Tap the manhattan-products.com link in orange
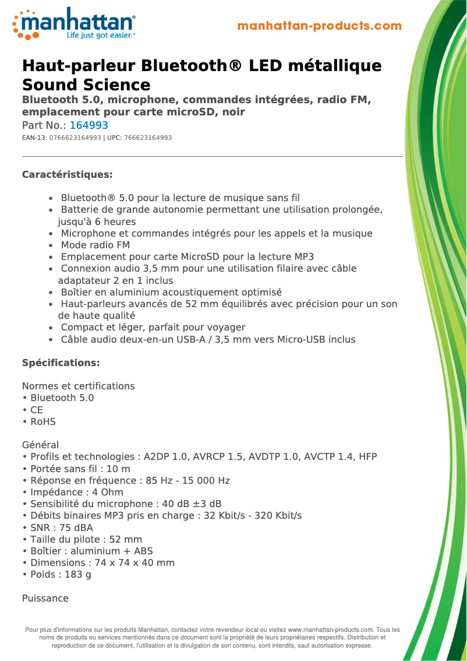(x=320, y=26)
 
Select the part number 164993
(x=89, y=125)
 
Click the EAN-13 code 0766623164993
(x=75, y=138)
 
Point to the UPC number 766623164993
(x=148, y=138)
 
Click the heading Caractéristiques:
(x=67, y=175)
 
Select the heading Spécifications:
(x=61, y=363)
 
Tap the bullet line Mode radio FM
(x=95, y=245)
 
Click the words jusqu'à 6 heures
(x=97, y=222)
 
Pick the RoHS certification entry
(x=43, y=421)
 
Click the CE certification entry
(x=37, y=410)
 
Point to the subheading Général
(x=40, y=445)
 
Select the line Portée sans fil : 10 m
(x=80, y=469)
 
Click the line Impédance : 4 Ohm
(x=76, y=493)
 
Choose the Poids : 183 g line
(x=61, y=575)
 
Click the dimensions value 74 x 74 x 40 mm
(x=135, y=563)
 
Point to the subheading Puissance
(x=45, y=599)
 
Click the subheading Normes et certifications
(x=78, y=386)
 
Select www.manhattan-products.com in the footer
(x=330, y=630)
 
